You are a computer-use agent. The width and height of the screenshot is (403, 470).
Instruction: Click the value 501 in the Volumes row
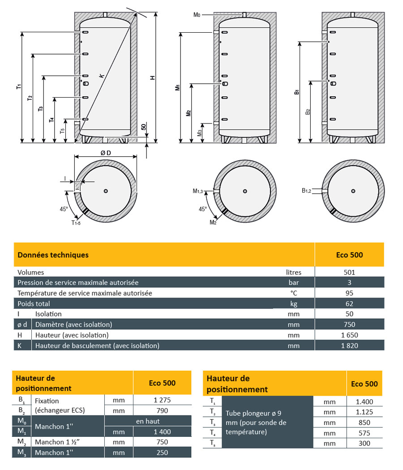coord(349,272)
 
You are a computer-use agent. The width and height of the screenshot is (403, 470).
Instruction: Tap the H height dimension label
coord(152,77)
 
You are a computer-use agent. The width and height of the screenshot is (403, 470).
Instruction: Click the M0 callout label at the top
coord(197,15)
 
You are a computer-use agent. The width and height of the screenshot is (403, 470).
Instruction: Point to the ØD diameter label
coord(106,153)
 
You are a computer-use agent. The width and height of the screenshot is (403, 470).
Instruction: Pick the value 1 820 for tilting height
coord(349,346)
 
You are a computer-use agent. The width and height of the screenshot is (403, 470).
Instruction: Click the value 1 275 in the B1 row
coord(162,401)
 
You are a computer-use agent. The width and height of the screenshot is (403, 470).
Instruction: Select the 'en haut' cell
coord(148,421)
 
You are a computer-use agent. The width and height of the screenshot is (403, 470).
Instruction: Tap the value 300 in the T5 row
coord(364,443)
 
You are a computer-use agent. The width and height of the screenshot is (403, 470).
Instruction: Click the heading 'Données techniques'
coord(53,255)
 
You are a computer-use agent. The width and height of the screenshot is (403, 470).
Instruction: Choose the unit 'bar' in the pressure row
coord(294,282)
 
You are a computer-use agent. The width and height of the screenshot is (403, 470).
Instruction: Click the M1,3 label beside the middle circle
coord(198,192)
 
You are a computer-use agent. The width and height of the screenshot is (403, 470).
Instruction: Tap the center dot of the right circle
coord(353,191)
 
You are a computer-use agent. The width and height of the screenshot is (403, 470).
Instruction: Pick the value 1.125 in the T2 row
coord(364,412)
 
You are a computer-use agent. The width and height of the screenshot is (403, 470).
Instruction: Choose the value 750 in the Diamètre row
coord(349,325)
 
